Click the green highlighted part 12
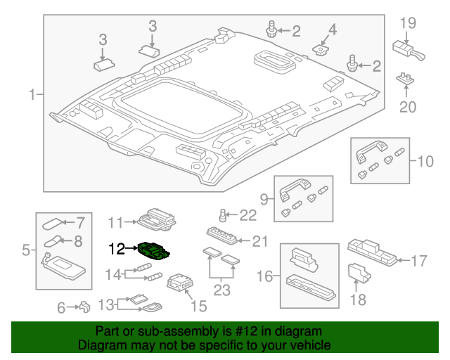tap(155, 250)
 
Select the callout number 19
tap(409, 23)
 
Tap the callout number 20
tap(408, 107)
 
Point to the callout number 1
tap(32, 94)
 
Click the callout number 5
tap(25, 249)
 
